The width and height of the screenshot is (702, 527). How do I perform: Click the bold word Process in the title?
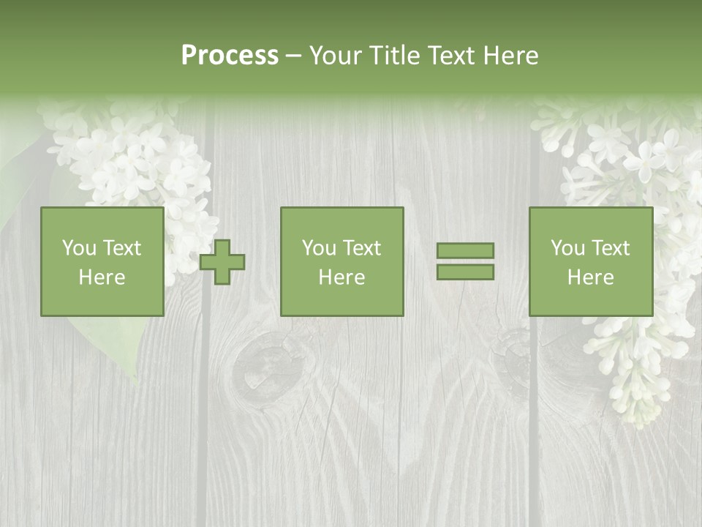point(230,56)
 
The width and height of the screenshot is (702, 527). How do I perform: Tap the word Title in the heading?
point(391,56)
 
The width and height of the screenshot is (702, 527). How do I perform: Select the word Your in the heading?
point(333,56)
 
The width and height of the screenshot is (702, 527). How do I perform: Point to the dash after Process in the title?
point(293,56)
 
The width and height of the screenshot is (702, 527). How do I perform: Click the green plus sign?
point(222,262)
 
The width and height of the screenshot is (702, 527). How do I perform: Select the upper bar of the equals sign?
point(465,250)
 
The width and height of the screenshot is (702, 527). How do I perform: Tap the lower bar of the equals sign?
point(465,272)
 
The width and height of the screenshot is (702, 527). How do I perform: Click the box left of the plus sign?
point(102,262)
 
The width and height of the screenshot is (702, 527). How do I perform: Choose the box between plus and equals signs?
point(342,262)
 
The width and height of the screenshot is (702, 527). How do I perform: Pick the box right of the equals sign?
point(591,262)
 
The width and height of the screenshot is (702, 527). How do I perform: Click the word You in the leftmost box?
point(78,248)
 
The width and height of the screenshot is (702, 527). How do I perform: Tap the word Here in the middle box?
point(342,277)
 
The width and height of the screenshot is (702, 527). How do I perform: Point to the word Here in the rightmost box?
point(591,277)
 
